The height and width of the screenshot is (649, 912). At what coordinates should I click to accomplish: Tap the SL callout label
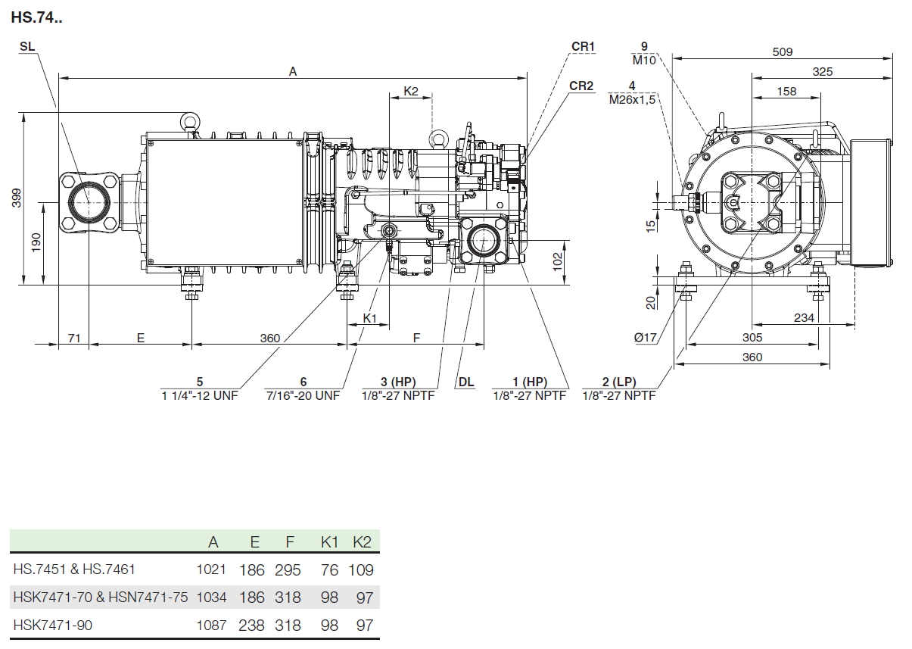[27, 47]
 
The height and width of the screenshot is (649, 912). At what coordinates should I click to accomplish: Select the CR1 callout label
[583, 47]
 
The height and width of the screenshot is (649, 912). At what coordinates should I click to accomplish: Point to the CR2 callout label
[581, 86]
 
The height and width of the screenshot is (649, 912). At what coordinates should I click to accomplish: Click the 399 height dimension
[17, 198]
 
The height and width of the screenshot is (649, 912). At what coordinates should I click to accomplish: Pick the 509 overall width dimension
[782, 51]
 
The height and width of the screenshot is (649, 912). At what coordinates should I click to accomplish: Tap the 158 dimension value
[786, 91]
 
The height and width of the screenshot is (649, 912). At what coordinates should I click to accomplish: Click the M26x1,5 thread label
[631, 99]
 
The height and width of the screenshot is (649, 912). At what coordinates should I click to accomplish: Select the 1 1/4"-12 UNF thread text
[200, 395]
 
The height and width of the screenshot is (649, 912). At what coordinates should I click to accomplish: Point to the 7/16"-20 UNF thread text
[303, 395]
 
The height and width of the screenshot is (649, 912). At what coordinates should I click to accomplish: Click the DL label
[465, 382]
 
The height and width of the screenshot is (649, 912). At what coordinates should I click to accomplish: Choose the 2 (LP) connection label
[618, 382]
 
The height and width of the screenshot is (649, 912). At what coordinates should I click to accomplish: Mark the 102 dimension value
[558, 261]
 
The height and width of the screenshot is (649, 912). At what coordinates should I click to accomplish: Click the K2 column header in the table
[363, 541]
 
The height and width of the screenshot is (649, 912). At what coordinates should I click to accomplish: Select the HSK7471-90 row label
[53, 625]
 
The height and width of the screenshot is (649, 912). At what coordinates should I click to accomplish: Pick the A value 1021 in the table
[211, 569]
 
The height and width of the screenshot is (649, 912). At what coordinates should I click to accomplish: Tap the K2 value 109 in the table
[361, 569]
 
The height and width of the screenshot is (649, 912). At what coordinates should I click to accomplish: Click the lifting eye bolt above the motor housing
[189, 121]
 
